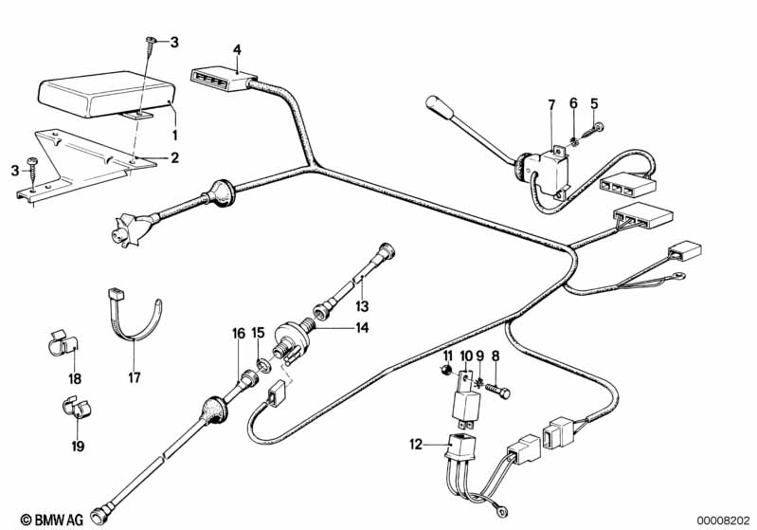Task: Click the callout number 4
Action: point(237,48)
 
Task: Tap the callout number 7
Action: point(550,102)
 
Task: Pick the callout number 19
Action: point(77,445)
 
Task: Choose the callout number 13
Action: point(361,305)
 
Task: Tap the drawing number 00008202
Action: point(724,520)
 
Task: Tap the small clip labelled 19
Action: point(72,410)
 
